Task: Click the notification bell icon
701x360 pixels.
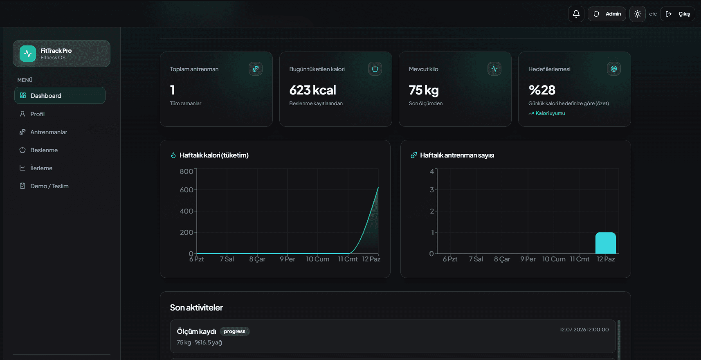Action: tap(576, 14)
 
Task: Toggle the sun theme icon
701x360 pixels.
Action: tap(638, 14)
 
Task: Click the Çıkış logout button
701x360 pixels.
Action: tap(678, 14)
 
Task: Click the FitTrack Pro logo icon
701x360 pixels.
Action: tap(28, 54)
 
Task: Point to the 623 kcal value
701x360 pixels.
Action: tap(312, 90)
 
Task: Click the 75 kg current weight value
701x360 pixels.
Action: tap(424, 90)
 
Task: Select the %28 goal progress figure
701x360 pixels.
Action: tap(542, 90)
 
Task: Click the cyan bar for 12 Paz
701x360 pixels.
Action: tap(606, 243)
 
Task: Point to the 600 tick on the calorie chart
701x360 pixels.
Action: tap(186, 190)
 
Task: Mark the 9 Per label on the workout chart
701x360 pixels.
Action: tap(528, 259)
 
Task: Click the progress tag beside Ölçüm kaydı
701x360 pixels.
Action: tap(235, 331)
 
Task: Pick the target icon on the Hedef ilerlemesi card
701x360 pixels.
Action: tap(614, 69)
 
